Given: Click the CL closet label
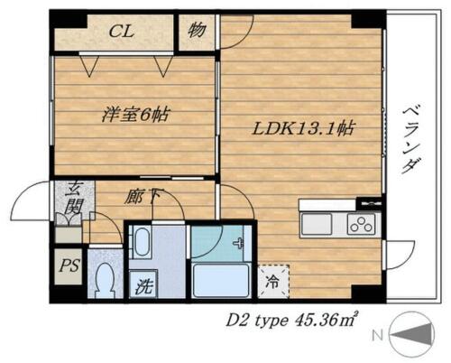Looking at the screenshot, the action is click(x=121, y=31).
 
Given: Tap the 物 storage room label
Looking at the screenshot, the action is click(x=197, y=30).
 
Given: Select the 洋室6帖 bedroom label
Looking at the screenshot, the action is click(x=135, y=115).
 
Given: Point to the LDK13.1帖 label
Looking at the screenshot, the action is click(x=304, y=128).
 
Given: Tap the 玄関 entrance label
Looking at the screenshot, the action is click(x=73, y=197).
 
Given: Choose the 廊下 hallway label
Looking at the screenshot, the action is click(x=141, y=197).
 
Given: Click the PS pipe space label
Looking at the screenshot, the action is click(x=69, y=265).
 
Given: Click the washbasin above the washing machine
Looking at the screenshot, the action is click(x=141, y=242).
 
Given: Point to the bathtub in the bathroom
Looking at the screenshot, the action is click(x=221, y=280).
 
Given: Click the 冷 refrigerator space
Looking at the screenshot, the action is click(x=273, y=282).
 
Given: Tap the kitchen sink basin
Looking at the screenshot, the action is click(x=317, y=224).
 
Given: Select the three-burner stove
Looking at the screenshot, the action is click(x=362, y=224).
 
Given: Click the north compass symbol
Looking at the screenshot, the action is click(x=412, y=334).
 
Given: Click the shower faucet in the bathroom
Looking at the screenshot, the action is click(x=238, y=243).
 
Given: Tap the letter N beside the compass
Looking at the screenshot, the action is click(x=378, y=335).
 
